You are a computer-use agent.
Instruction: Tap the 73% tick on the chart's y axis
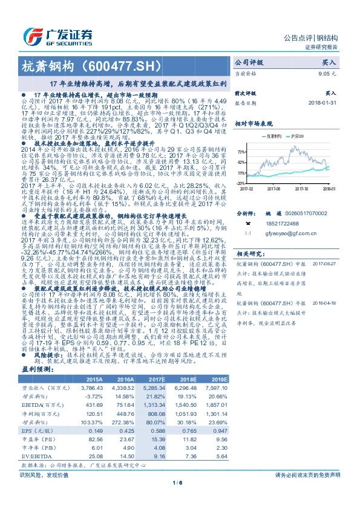point(241,152)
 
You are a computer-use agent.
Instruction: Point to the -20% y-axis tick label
point(241,183)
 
